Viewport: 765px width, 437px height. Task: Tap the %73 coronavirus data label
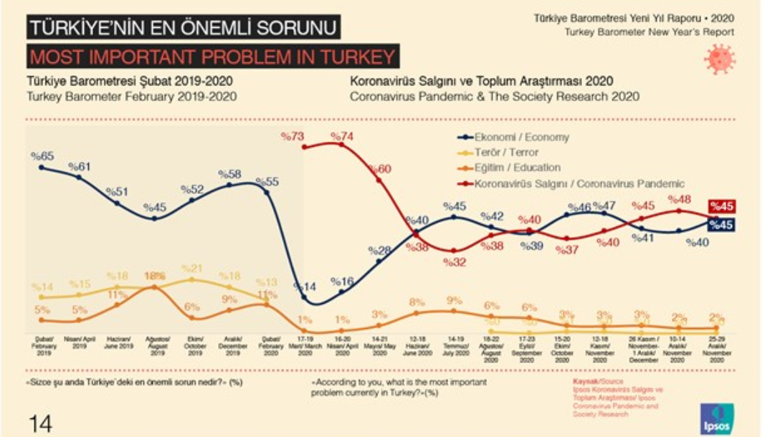click(x=294, y=135)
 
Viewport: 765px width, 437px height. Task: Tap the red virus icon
click(x=719, y=59)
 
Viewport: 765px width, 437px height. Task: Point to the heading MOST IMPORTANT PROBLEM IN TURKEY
click(x=212, y=57)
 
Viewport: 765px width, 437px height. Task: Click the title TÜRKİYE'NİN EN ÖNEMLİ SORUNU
click(x=182, y=29)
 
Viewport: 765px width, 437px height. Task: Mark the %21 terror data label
click(x=192, y=269)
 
